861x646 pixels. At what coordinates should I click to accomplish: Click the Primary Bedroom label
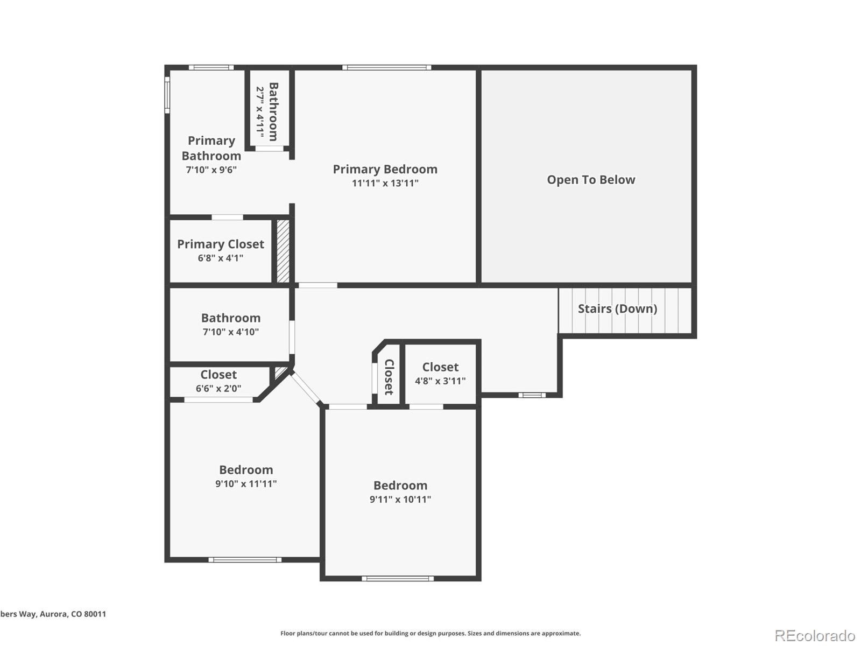coord(385,169)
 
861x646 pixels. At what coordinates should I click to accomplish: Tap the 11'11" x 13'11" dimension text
coord(385,183)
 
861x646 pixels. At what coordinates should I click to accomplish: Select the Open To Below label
coord(591,180)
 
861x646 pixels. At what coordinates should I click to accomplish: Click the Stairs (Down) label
coord(617,308)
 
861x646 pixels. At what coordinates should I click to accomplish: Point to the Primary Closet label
coord(221,244)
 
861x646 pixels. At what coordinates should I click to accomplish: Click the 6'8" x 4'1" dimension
coord(221,258)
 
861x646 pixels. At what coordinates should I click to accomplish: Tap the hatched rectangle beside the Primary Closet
coord(283,250)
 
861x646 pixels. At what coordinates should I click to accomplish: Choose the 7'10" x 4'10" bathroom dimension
coord(230,332)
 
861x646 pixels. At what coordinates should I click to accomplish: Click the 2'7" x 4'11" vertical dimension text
coord(260,111)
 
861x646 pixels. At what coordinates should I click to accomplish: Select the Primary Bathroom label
coord(211,148)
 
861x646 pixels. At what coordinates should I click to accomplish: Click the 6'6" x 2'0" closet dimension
coord(218,388)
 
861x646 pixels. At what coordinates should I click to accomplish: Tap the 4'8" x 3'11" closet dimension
coord(440,381)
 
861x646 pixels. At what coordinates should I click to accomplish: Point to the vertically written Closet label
coord(389,377)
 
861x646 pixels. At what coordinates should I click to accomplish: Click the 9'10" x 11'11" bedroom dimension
coord(246,483)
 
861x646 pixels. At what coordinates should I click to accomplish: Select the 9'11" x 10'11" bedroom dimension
coord(400,499)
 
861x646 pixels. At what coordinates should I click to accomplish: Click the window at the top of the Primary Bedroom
coord(386,67)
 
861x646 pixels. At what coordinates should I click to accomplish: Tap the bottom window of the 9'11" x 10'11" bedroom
coord(397,579)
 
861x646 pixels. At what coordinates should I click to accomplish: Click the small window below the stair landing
coord(532,395)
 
